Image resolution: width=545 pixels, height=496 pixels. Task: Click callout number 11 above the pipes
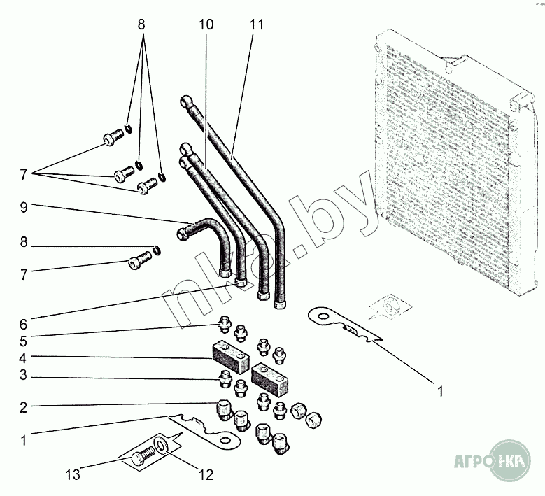click(256, 25)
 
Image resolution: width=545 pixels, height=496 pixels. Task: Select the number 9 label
click(24, 207)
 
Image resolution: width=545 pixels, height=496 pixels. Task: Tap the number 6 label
click(23, 324)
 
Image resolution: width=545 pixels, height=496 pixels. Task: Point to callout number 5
click(23, 342)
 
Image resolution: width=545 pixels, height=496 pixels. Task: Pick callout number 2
click(23, 406)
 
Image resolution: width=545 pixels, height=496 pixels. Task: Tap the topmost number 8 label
click(141, 24)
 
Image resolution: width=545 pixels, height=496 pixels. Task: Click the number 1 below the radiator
click(440, 392)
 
